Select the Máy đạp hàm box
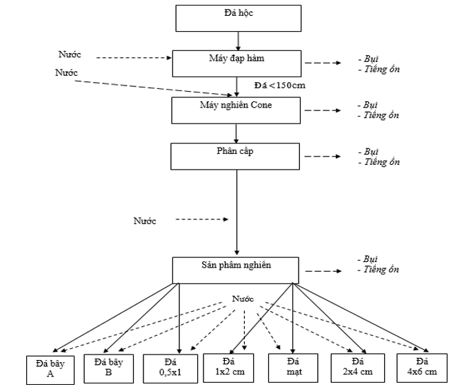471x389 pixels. point(236,63)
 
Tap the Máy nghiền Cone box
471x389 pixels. point(236,110)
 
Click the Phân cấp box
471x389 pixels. point(236,156)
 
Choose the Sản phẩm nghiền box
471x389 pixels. point(236,270)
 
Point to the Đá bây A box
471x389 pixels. point(50,369)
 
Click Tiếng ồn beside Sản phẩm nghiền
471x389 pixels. point(379,271)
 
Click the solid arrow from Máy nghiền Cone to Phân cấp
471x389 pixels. point(236,132)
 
